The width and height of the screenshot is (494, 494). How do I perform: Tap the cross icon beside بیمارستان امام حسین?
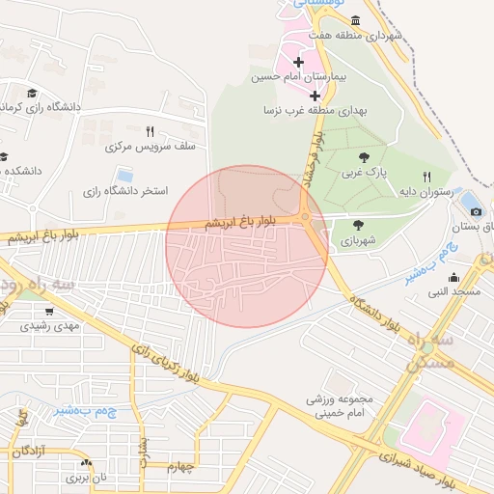298,63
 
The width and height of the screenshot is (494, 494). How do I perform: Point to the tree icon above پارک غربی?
363,156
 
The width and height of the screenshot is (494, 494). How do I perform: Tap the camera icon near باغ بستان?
474,211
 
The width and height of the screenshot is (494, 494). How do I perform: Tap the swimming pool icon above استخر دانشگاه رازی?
124,176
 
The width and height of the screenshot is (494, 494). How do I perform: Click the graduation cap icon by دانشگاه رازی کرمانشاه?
32,93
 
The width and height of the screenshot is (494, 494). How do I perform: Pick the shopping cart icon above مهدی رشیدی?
49,312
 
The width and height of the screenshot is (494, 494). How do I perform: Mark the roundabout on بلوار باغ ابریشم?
306,217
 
